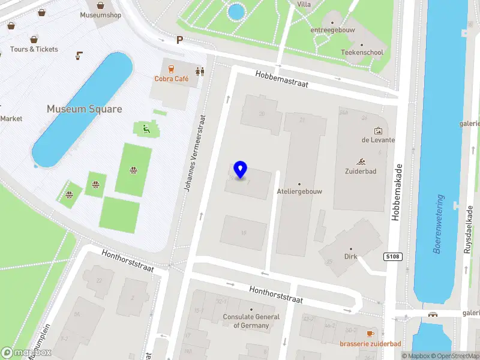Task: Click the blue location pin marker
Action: [x=241, y=170]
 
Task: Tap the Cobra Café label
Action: [x=172, y=79]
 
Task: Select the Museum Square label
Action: [x=85, y=109]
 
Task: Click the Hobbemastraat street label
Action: [x=281, y=80]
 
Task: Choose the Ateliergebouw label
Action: [x=299, y=191]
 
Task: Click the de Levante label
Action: [x=378, y=140]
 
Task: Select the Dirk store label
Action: [x=351, y=256]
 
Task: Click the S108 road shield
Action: [x=392, y=257]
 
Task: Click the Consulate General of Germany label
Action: [x=251, y=321]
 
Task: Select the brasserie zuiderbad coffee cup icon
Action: [x=370, y=333]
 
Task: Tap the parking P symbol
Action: [x=179, y=40]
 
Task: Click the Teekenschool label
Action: [x=362, y=52]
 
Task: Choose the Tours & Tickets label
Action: [x=34, y=49]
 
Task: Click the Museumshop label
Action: [x=101, y=14]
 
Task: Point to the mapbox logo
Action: [x=26, y=353]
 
